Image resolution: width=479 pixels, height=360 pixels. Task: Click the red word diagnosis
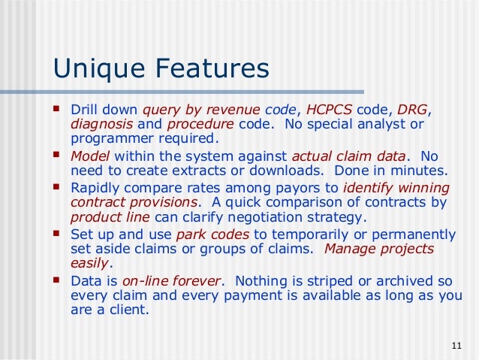pos(102,123)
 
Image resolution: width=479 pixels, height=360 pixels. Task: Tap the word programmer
pos(109,138)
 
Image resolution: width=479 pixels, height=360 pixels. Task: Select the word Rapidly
pos(95,187)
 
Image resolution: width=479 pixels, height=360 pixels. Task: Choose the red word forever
pos(197,280)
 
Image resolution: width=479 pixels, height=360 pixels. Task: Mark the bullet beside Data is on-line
pos(58,280)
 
